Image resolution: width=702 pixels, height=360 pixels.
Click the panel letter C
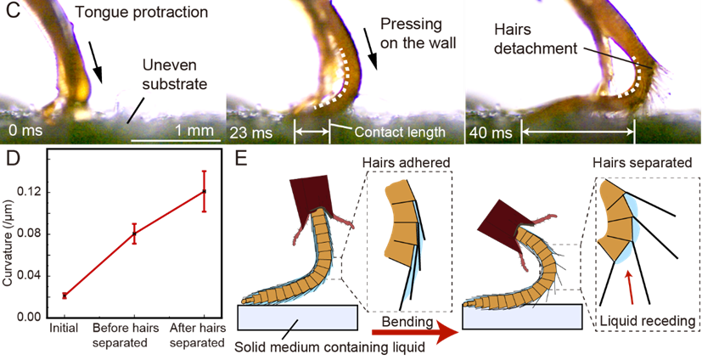tap(11, 12)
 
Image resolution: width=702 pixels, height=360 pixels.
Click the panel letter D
tap(11, 160)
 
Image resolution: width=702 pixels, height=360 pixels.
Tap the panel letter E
tap(242, 160)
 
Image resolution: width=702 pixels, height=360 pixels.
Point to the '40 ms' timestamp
tap(490, 132)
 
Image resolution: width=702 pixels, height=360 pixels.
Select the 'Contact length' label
tap(399, 132)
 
